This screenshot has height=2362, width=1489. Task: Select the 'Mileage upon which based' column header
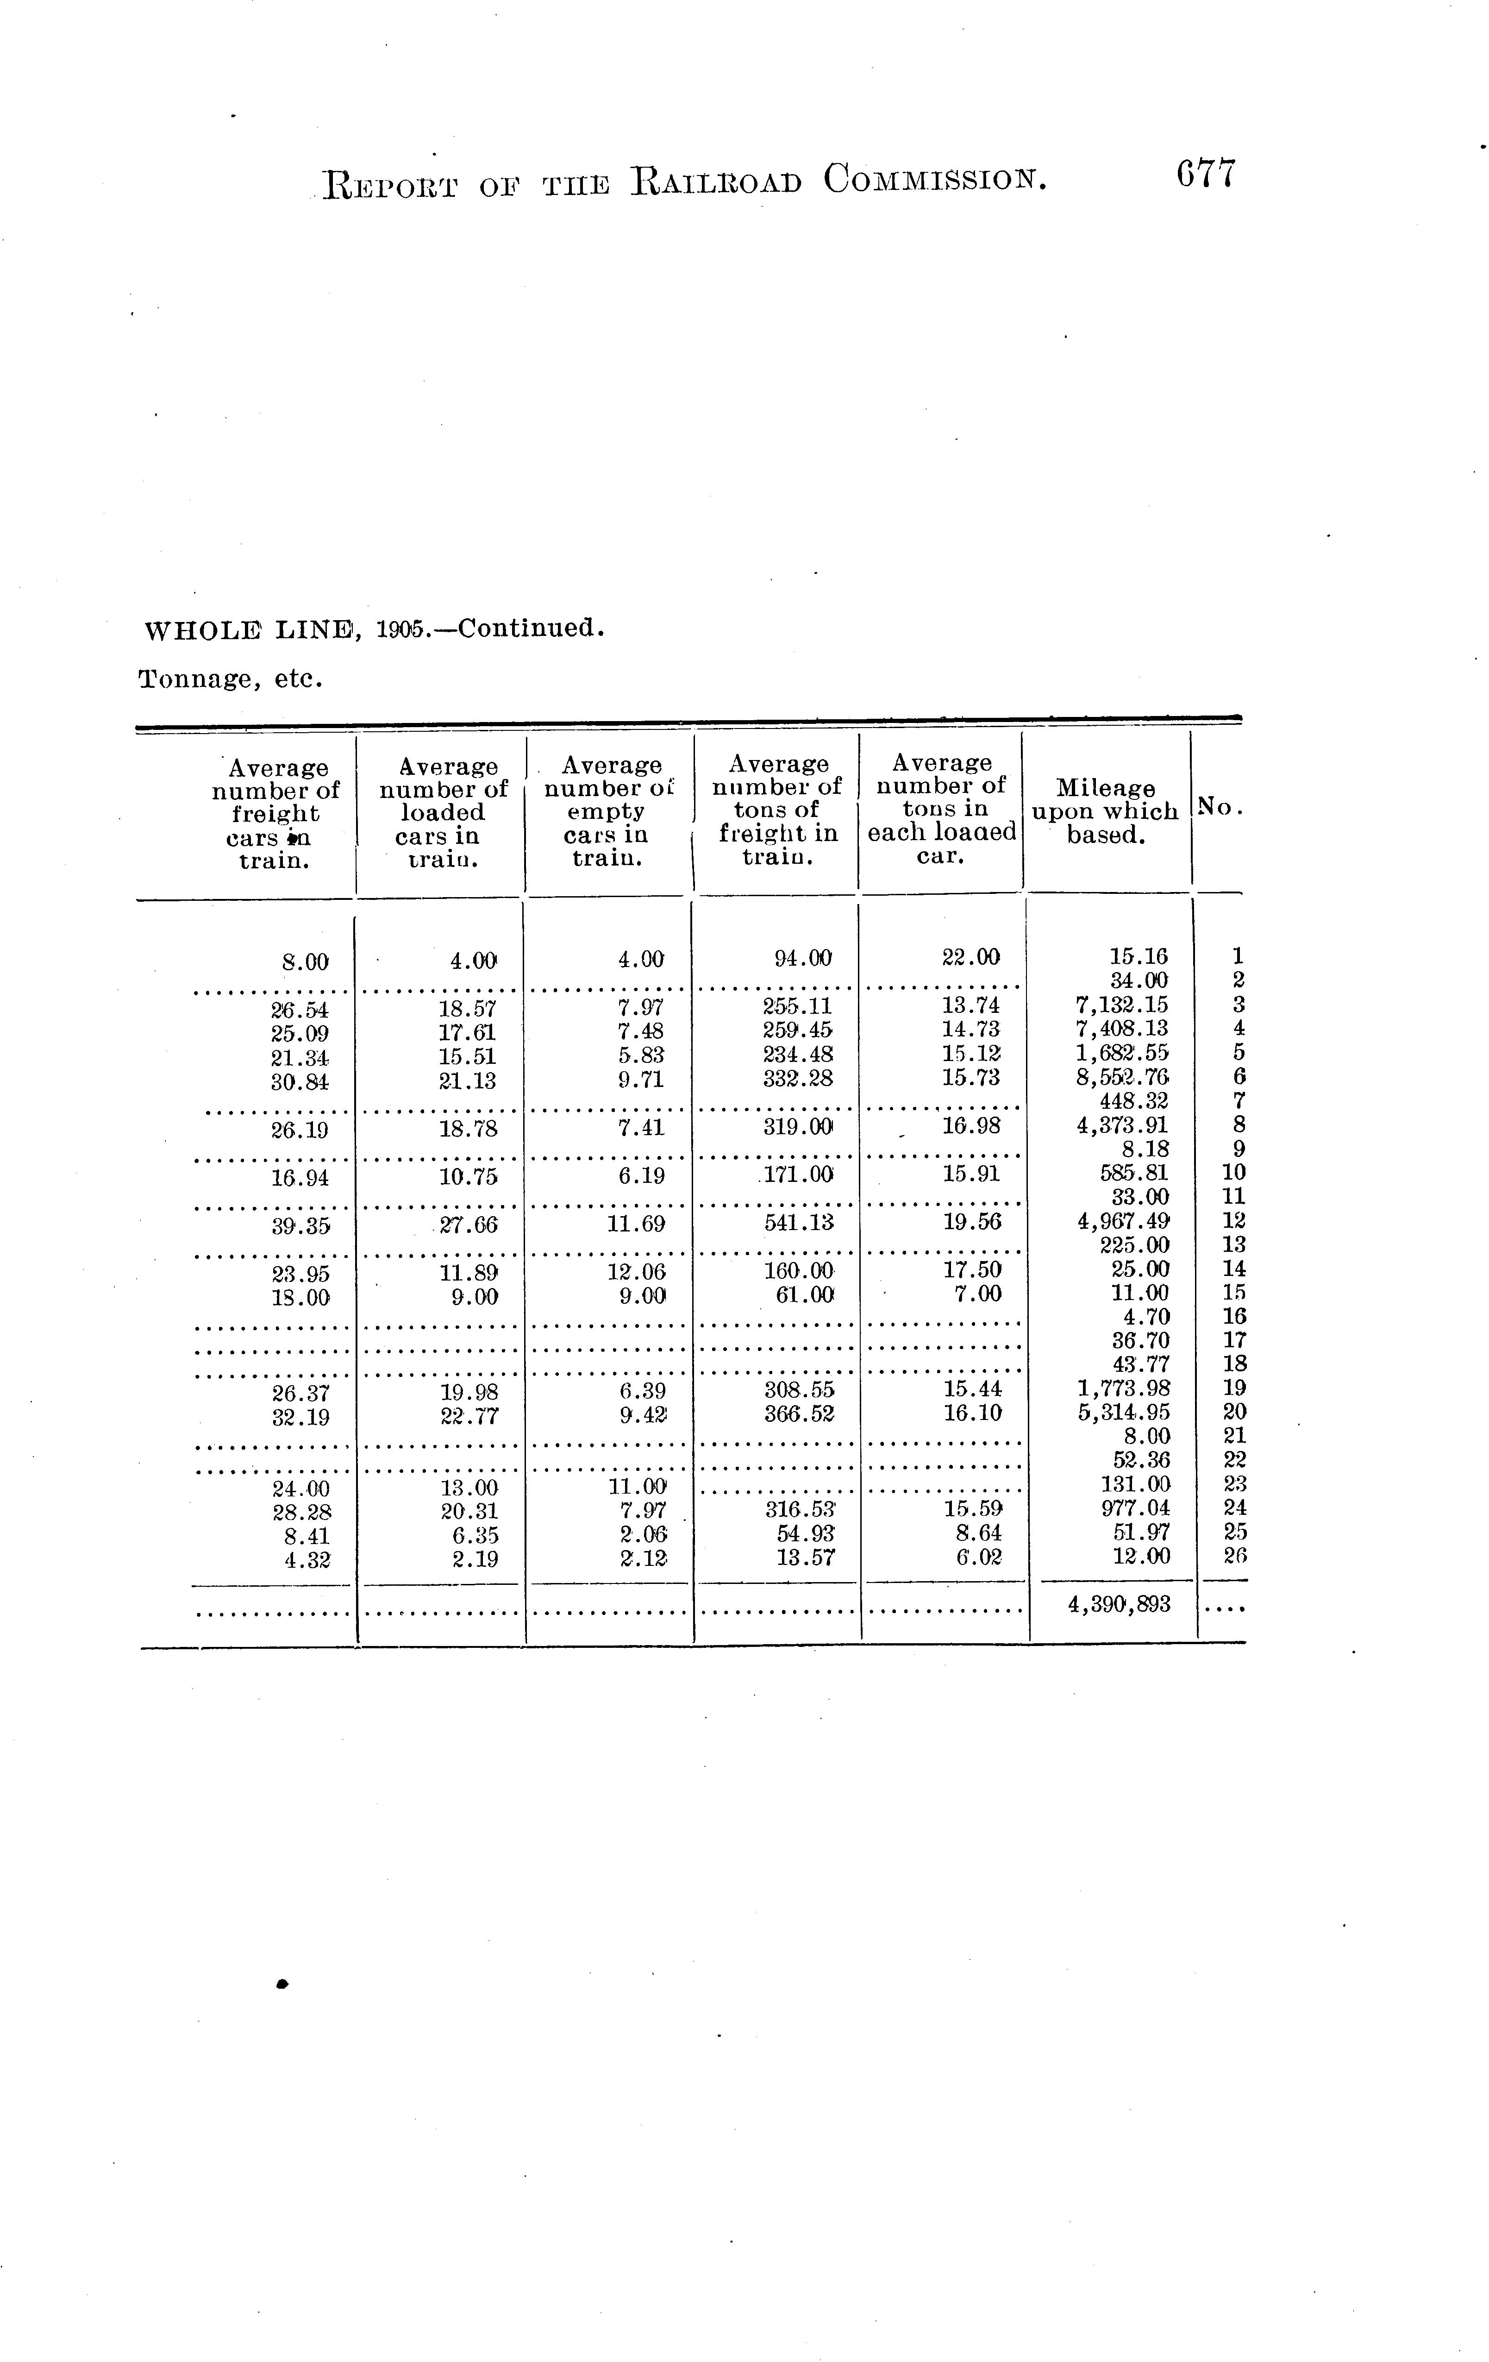pyautogui.click(x=1106, y=811)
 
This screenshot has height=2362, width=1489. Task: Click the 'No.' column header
pyautogui.click(x=1219, y=806)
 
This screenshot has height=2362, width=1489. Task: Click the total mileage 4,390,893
pyautogui.click(x=1118, y=1605)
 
